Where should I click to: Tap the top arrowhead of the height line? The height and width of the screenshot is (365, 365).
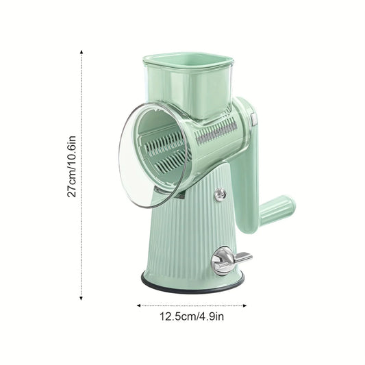81,51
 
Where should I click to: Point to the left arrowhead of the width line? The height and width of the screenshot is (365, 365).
139,305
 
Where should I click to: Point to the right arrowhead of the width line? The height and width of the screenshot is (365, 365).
244,305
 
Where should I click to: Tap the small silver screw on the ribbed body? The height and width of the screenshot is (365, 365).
220,194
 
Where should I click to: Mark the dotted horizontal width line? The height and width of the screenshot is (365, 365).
192,305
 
